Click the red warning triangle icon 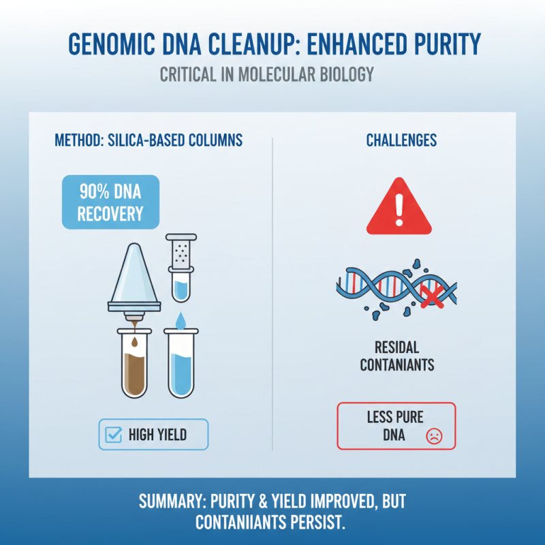pos(399,208)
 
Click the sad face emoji pos(433,436)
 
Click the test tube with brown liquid pos(134,364)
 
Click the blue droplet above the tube pos(180,319)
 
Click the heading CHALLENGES pos(401,141)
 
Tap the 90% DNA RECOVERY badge pos(110,201)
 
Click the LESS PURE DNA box pos(396,426)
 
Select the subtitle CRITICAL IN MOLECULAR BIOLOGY pos(267,74)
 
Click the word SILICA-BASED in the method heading pos(146,141)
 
